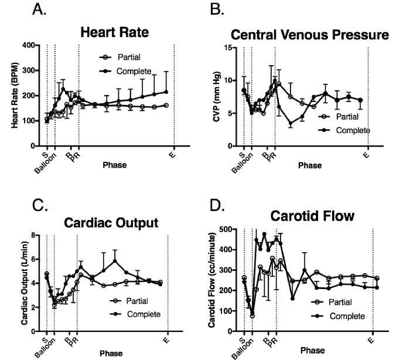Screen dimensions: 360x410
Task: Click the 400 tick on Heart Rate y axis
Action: (26, 45)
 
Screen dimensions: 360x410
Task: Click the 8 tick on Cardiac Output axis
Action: (34, 235)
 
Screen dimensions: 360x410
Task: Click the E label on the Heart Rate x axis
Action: (174, 154)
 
